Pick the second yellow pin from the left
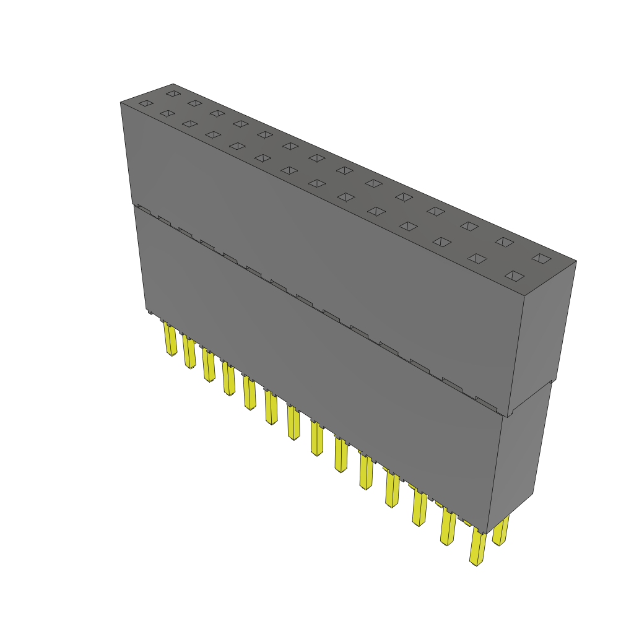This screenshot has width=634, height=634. click(x=189, y=352)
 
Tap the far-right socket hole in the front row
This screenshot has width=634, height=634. click(x=515, y=276)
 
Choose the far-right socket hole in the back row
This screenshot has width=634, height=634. click(x=541, y=258)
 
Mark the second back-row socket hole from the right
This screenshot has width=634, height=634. click(x=504, y=241)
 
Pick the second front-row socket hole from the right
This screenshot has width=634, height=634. click(x=477, y=258)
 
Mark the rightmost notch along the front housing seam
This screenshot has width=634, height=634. click(x=487, y=403)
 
